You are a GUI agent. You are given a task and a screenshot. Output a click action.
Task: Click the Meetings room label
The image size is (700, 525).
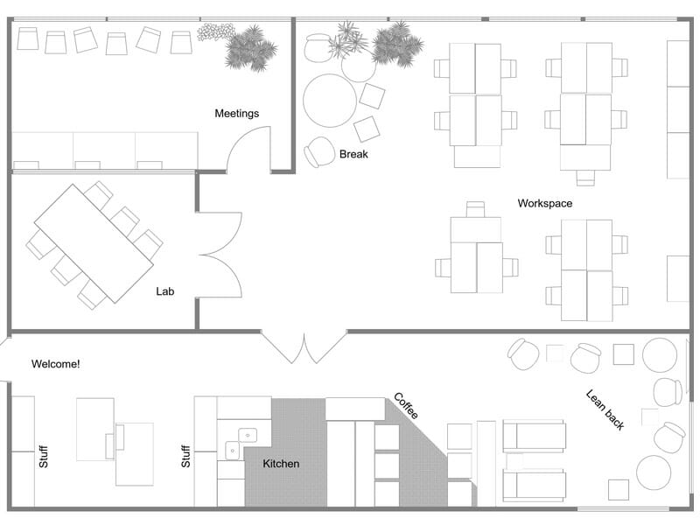click(237, 114)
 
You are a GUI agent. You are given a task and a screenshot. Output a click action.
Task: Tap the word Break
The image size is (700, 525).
click(353, 155)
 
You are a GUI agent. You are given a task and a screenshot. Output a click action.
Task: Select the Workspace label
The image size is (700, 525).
click(544, 204)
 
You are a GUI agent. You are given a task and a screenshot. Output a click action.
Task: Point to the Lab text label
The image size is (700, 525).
click(165, 291)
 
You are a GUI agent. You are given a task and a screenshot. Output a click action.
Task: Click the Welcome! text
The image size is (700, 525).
click(56, 363)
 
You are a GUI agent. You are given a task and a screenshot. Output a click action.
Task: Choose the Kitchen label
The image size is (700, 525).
click(281, 464)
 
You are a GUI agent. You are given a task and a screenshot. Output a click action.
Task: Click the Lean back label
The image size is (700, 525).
click(605, 409)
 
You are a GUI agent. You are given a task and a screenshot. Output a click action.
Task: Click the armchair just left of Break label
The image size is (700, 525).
click(319, 152)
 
